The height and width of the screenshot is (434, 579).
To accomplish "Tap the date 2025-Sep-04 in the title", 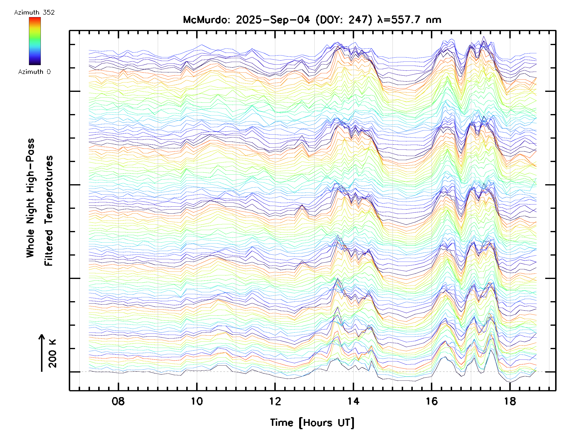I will pyautogui.click(x=273, y=20).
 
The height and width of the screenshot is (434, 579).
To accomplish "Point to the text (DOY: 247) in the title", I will pyautogui.click(x=344, y=20).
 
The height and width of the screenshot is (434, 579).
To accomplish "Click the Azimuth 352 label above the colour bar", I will pyautogui.click(x=34, y=13).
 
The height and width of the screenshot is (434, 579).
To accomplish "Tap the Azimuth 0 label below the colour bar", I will pyautogui.click(x=34, y=72).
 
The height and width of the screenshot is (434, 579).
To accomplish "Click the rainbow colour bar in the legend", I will pyautogui.click(x=35, y=41).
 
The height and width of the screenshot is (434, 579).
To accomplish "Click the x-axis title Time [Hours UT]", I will pyautogui.click(x=312, y=422).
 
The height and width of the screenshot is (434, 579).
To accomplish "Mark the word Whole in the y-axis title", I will pyautogui.click(x=30, y=243).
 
